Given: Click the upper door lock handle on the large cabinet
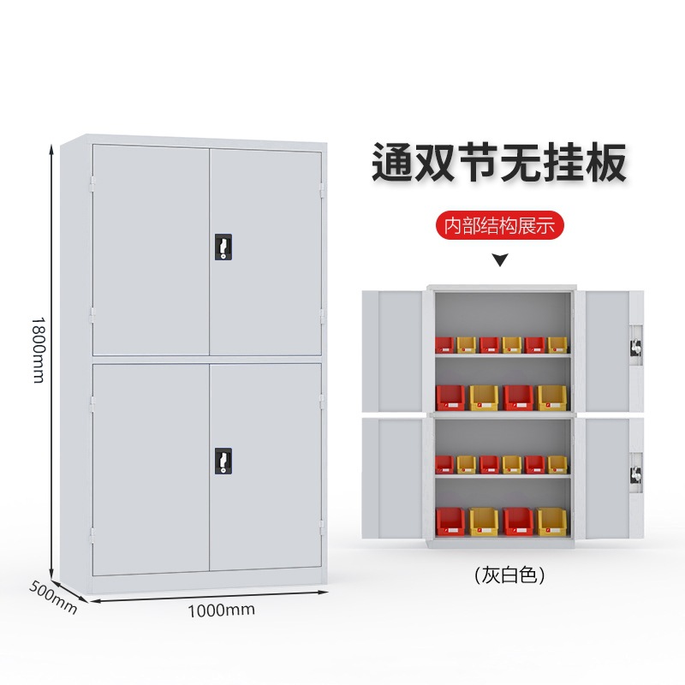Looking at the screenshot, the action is click(x=223, y=247).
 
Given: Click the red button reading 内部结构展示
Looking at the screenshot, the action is click(x=500, y=226).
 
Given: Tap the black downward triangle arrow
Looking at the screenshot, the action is click(x=500, y=260).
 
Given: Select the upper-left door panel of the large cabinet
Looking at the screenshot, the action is click(x=151, y=249).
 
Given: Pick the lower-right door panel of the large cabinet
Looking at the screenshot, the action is click(x=265, y=467).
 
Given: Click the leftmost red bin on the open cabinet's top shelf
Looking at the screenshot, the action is click(x=444, y=345).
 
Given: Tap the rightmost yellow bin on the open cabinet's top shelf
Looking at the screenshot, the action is click(x=557, y=345).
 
